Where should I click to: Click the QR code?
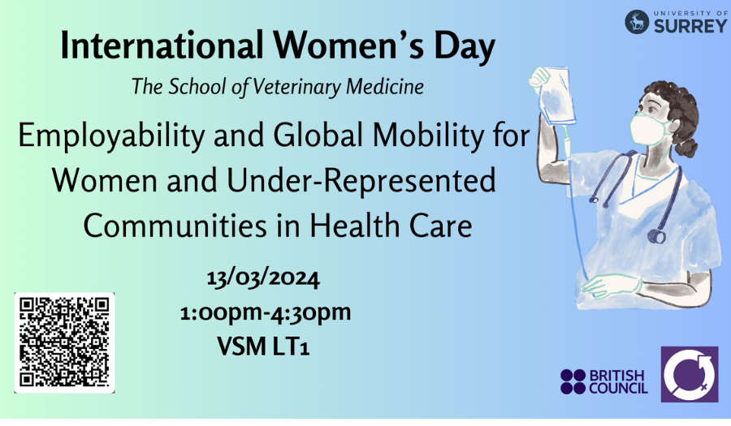[64, 343]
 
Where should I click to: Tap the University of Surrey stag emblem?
[637, 22]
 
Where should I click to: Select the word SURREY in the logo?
[690, 26]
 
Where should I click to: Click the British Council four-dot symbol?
[573, 381]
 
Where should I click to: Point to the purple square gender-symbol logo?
[690, 374]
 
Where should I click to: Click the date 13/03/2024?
[263, 279]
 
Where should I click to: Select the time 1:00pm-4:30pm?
[266, 312]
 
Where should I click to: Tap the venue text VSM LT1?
[263, 346]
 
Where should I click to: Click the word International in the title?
[162, 45]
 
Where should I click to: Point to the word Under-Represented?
[361, 181]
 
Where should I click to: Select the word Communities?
[175, 226]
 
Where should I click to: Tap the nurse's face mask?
[648, 127]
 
